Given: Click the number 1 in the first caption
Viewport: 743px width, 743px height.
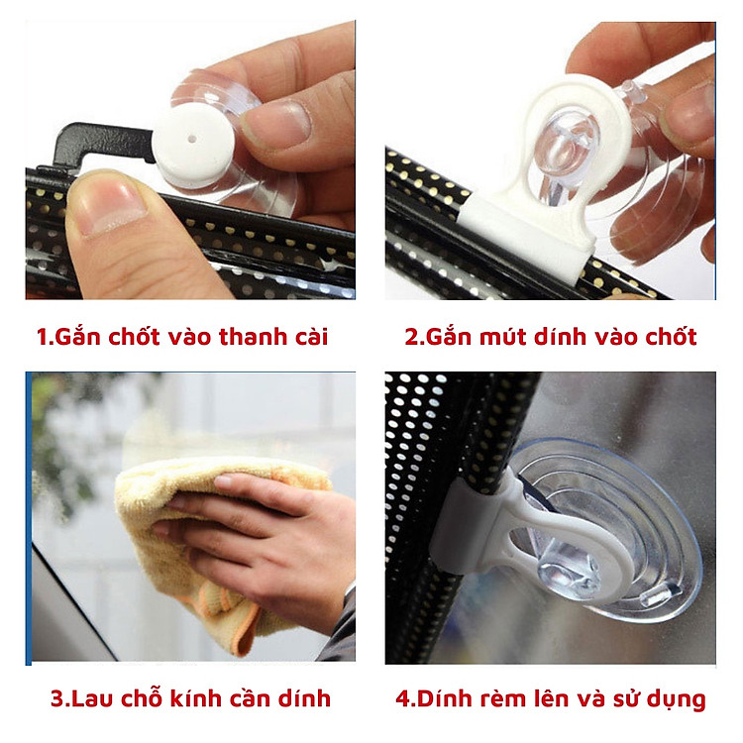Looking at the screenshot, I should tap(42, 337).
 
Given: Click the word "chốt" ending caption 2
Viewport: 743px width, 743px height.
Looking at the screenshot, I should tap(673, 337).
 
